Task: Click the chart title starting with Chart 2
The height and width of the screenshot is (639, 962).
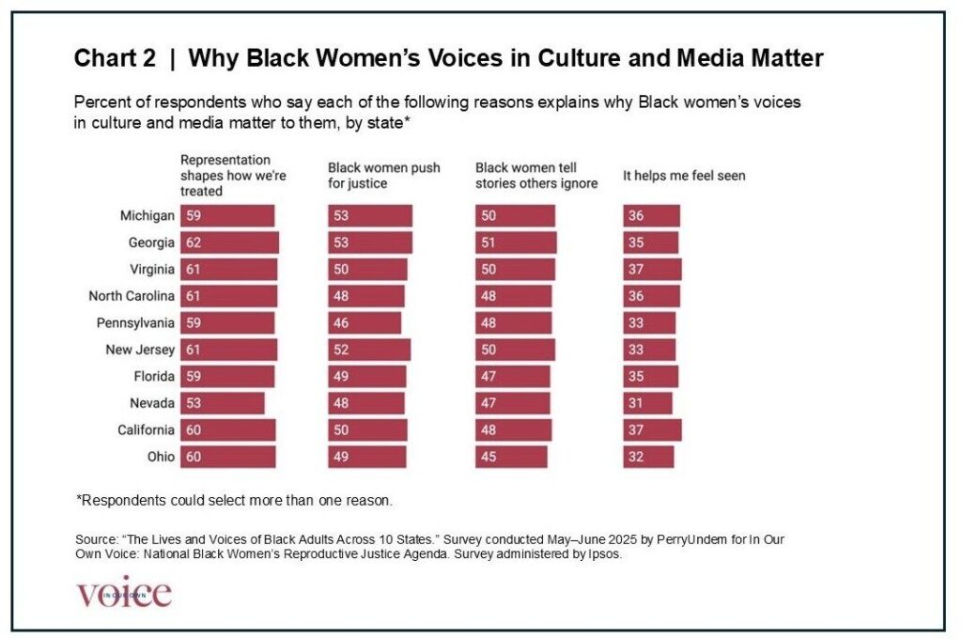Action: coord(448,59)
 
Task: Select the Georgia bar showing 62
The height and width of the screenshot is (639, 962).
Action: coord(229,242)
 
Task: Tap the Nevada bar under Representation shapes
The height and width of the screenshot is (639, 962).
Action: coord(223,403)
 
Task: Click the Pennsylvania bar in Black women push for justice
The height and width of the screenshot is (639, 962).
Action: coord(365,322)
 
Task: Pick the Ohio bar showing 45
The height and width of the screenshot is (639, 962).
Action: coord(511,457)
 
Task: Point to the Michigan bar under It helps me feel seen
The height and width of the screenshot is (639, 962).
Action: coord(651,216)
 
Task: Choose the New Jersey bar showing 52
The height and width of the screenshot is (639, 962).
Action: coord(369,350)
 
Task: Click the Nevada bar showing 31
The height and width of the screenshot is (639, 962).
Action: coord(647,403)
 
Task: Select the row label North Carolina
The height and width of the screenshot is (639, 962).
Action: coord(132,296)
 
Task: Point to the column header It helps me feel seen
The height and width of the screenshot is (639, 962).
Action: coord(684,176)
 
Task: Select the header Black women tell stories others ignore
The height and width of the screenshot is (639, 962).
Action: coord(536,176)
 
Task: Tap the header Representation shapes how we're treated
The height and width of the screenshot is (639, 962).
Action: coord(225,175)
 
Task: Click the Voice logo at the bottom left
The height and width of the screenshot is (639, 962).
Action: coord(124,593)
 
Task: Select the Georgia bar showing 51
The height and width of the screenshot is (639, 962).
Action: coord(516,242)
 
